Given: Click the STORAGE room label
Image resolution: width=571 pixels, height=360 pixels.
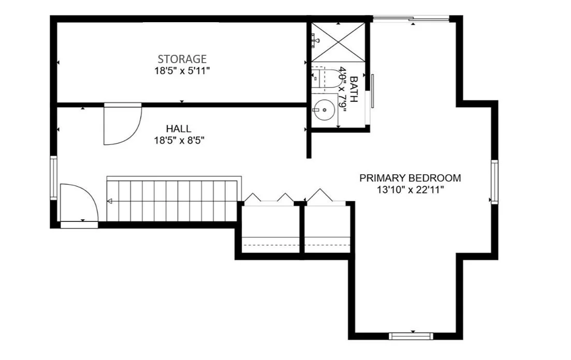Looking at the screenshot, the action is coord(182,58).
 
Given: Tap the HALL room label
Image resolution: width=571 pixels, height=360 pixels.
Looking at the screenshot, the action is coord(179,128).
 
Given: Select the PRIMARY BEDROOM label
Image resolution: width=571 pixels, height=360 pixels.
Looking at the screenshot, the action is coord(410,178).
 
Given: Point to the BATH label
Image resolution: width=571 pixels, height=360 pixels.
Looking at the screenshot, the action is coord(354,89).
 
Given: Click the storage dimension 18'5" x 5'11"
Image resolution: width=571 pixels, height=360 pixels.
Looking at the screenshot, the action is coord(182,71).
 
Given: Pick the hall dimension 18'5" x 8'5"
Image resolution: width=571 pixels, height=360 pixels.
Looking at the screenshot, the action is coord(179,141).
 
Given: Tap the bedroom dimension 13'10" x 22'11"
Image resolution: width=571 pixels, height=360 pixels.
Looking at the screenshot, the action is coord(410,190).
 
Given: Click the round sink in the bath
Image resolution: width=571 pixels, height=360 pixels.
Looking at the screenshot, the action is coord(323,109).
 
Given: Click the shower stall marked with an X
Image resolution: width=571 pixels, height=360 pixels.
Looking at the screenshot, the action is coord(338,42).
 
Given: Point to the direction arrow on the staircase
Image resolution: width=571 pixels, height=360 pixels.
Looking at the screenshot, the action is coord(110,201).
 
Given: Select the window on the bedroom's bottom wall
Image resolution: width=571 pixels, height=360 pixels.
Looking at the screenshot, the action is coord(411,336).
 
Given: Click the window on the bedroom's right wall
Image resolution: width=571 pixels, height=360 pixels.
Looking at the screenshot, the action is coord(494,182).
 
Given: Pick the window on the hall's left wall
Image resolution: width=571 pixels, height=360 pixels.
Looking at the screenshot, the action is coord(53,177).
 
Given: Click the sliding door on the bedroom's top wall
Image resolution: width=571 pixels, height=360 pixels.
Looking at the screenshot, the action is coord(411,19).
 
